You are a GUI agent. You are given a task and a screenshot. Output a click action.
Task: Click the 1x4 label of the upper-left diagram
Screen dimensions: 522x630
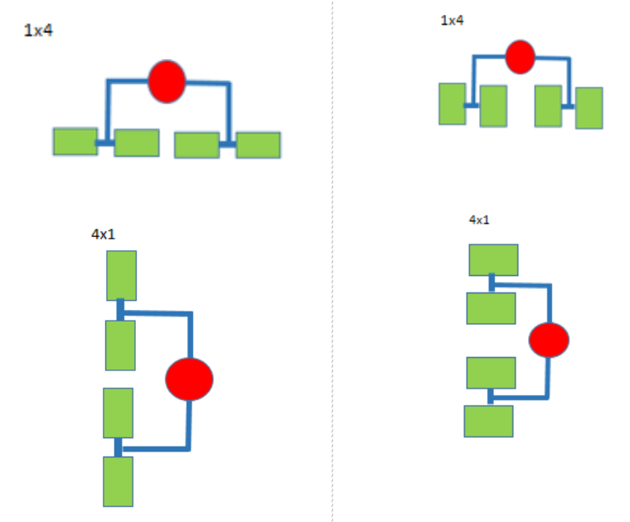coord(40,31)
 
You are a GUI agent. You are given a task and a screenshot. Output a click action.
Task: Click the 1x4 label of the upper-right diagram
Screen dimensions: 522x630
coord(452,20)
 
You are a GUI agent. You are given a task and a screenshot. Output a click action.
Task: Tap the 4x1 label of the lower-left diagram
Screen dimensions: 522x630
coord(103,234)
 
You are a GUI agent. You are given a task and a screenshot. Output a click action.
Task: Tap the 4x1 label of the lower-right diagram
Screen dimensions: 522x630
coord(479,220)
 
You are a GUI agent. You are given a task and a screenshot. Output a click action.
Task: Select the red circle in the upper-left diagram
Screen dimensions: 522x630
coord(167,81)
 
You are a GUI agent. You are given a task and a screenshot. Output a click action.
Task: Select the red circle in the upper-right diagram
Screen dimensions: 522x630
coord(521,56)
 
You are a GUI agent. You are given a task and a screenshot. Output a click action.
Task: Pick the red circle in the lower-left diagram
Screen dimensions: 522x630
coord(189,379)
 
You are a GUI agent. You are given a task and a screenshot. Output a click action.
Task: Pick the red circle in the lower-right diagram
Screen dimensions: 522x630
coord(549,340)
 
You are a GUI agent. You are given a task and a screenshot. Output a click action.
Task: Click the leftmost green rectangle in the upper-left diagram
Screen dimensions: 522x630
coord(75,141)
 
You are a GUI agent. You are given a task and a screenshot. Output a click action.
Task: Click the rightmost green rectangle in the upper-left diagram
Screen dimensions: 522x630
coord(258,145)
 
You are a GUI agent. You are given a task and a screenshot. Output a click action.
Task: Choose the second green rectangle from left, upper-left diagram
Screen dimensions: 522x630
coord(137,143)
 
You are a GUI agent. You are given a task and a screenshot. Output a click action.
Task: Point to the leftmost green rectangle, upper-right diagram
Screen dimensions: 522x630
coord(452,104)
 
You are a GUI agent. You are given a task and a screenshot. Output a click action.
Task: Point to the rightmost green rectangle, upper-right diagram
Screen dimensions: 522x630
coord(589,108)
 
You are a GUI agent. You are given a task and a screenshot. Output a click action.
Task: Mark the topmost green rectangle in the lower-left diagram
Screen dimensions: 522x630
coord(121,275)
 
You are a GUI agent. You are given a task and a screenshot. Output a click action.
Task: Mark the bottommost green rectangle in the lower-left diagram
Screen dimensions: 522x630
coord(118,481)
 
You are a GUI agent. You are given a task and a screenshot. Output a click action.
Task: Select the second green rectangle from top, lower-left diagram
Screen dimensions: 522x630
coord(120,346)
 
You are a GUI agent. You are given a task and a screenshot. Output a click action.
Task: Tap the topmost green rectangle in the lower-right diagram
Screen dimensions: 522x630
coord(493,259)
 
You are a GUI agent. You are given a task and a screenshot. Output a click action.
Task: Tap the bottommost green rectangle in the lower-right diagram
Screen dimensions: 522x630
coord(487,421)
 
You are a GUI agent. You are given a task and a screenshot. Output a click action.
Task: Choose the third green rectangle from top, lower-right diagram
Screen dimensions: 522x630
coord(491,372)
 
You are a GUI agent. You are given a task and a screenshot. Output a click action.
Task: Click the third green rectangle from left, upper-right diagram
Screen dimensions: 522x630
coord(548,105)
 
